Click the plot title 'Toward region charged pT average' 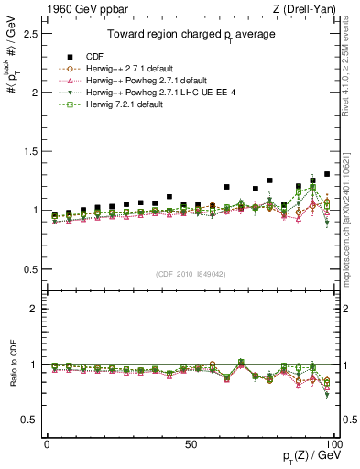pos(191,36)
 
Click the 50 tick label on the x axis pos(190,443)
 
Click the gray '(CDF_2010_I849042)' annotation pos(191,273)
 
